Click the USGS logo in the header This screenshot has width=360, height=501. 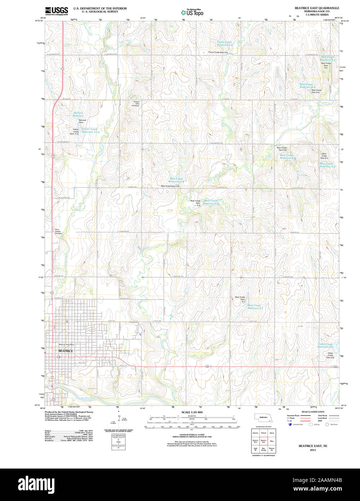(56, 10)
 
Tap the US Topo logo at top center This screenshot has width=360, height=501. (192, 12)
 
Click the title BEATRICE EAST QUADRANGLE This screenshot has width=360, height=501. (317, 8)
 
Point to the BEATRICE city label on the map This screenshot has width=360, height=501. (66, 351)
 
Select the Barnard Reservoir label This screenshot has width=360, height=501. (78, 114)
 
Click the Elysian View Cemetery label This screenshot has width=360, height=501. (135, 104)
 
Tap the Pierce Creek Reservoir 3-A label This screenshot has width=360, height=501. (225, 43)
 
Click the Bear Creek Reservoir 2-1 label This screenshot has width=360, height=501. (255, 307)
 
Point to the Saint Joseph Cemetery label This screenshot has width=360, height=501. (58, 231)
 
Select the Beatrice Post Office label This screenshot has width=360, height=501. (66, 344)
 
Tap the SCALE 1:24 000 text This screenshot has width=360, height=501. (192, 412)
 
